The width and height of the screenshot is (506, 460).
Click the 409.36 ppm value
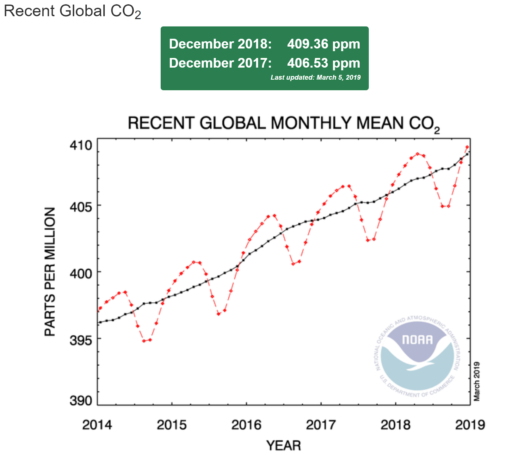coord(324,44)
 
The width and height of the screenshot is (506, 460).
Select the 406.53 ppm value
coord(324,63)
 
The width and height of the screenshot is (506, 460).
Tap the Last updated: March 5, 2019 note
coord(315,78)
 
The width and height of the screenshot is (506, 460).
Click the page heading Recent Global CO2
coord(72,11)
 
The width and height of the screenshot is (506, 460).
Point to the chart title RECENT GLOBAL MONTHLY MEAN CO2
coord(283,123)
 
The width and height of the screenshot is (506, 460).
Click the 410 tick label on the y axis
coord(81,146)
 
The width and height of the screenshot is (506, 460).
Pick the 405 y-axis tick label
coord(81,207)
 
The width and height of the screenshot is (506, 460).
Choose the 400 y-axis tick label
coord(81,273)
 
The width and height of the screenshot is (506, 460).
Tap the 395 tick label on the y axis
coord(81,340)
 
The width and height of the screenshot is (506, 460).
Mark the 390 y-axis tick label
coord(81,401)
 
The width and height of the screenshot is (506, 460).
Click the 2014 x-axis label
coord(97,425)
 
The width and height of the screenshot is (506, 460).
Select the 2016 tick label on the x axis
coord(246,425)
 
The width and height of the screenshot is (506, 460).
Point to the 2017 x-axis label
coord(321,425)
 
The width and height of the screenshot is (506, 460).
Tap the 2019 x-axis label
coord(470,425)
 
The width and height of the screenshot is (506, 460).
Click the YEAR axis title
coord(283,445)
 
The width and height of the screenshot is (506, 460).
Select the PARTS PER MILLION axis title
coord(50,271)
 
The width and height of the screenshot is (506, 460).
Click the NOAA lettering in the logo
coord(417,340)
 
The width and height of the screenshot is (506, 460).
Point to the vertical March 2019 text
coord(477,381)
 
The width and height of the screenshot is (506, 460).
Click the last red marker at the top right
coord(467,147)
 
